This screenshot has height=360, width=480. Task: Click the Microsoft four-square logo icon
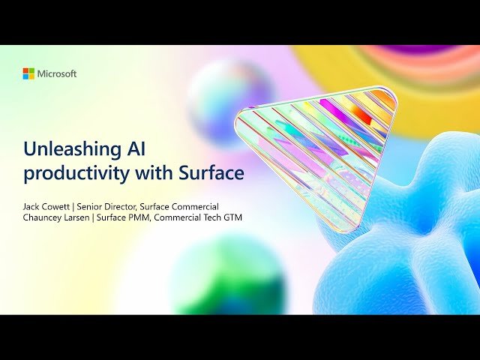coord(28,73)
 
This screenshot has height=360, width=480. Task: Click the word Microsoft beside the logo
coord(57,73)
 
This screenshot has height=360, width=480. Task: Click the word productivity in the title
coord(72,172)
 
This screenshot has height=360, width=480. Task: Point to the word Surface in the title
coord(211,172)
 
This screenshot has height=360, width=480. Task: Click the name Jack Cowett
coord(48,205)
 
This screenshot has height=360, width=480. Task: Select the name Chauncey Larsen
coord(57,217)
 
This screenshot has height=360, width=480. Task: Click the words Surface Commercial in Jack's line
coord(181,205)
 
